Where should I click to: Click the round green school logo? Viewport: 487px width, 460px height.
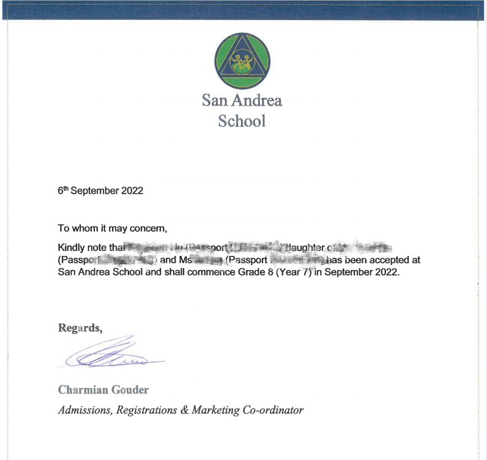coord(243,60)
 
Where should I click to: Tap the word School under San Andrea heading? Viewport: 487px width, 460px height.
coord(242,120)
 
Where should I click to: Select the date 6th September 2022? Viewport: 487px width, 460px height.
coord(100,191)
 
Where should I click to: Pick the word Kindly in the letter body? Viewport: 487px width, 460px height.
coord(71,249)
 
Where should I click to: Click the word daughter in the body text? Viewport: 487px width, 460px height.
coord(305,249)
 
